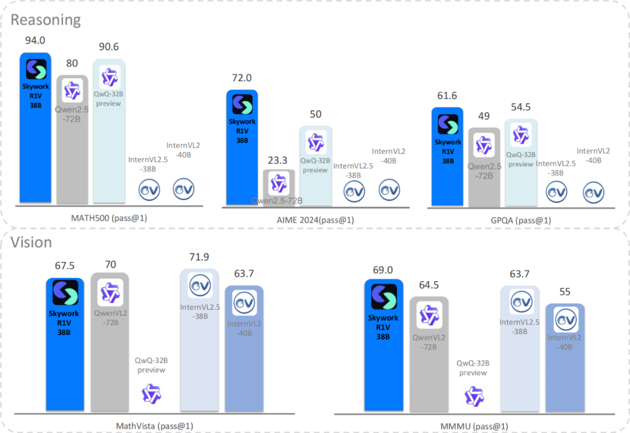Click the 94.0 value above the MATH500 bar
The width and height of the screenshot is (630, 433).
point(36,40)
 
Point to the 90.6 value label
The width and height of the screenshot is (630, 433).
point(109,47)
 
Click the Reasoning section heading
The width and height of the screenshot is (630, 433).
point(45,20)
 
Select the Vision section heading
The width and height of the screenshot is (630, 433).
point(32,242)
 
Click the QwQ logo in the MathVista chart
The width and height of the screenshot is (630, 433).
point(152,394)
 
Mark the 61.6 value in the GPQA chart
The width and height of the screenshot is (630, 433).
point(447,97)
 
